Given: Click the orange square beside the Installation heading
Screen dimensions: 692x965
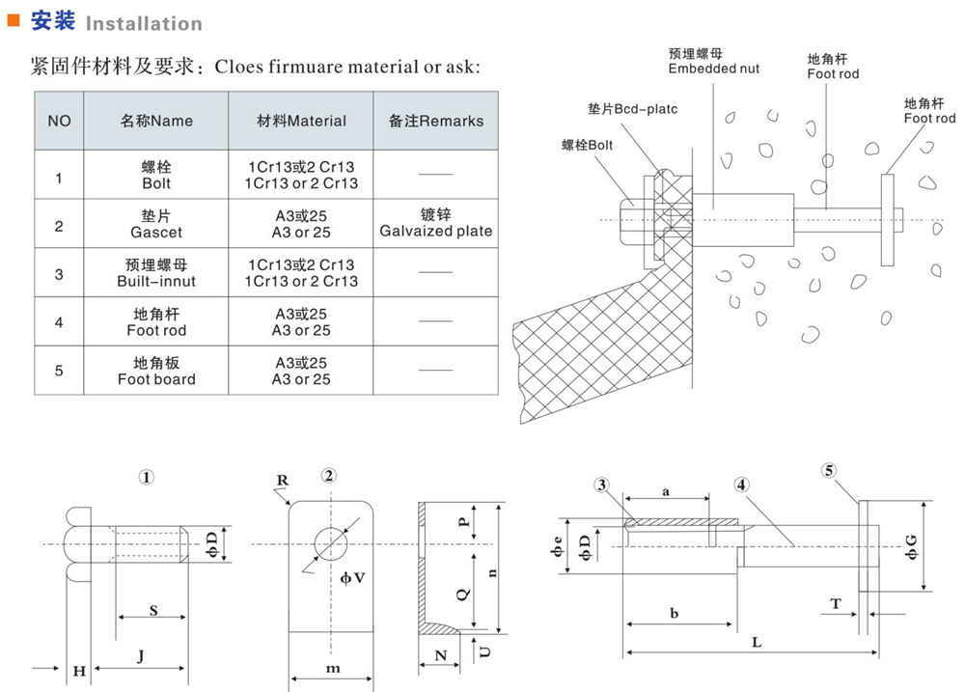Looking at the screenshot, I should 14,20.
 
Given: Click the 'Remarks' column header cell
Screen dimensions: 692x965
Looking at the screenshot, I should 435,121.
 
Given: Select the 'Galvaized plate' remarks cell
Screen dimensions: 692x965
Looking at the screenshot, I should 435,223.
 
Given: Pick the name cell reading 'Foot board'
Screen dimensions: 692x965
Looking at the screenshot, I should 156,371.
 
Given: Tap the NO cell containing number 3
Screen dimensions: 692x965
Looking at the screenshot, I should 59,273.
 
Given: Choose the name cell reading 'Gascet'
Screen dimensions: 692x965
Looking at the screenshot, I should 156,223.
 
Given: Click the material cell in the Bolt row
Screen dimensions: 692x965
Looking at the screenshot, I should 301,175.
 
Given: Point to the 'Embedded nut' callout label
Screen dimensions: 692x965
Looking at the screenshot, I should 714,61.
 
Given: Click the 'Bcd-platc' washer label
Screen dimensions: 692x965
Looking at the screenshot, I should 632,109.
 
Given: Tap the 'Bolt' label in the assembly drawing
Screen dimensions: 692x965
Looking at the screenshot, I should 588,145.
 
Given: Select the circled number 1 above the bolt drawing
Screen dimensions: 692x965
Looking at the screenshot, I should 147,477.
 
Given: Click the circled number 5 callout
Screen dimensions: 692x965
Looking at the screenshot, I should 829,472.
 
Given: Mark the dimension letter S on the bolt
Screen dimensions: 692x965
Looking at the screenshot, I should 154,610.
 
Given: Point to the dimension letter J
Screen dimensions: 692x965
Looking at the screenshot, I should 141,657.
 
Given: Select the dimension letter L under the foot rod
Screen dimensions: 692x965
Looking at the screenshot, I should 757,643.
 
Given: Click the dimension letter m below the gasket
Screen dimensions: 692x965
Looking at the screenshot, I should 333,669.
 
